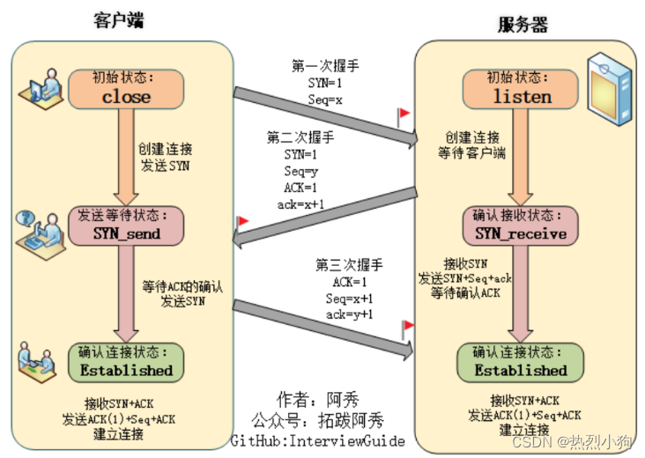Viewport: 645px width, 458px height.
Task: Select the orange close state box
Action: pyautogui.click(x=126, y=88)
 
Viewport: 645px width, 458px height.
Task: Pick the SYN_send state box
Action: pyautogui.click(x=127, y=225)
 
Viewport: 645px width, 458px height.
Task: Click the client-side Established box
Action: pyautogui.click(x=126, y=361)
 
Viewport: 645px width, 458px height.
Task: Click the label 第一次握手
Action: pyautogui.click(x=325, y=66)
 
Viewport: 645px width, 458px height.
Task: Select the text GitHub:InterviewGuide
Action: pyautogui.click(x=318, y=440)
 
